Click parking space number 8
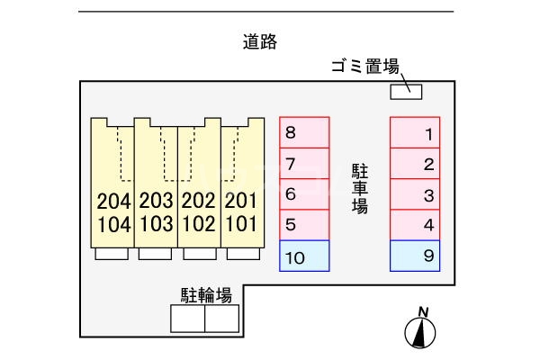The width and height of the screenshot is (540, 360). pos(304,133)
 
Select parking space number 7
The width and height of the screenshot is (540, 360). pos(304,164)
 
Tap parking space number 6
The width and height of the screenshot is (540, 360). pos(304,194)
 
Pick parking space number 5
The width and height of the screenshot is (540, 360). pos(304,225)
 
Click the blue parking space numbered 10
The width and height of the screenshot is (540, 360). pos(304,256)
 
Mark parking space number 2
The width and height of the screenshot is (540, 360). pos(415,164)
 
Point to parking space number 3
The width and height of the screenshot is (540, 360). pos(415,194)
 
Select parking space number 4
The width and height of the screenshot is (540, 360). pos(415,225)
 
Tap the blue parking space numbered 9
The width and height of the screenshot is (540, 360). pos(415,256)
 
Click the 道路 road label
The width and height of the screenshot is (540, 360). pos(259,40)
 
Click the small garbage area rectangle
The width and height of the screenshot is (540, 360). pos(404,90)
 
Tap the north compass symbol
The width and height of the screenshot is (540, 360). pos(418,329)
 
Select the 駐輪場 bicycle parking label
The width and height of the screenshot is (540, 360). pos(206,294)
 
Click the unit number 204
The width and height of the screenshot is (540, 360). pos(112,201)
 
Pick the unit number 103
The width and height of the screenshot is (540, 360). pos(156,223)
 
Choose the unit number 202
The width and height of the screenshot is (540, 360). pos(199,201)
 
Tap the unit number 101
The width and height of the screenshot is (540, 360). pos(241,223)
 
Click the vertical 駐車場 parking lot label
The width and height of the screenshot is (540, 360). pos(360,187)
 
